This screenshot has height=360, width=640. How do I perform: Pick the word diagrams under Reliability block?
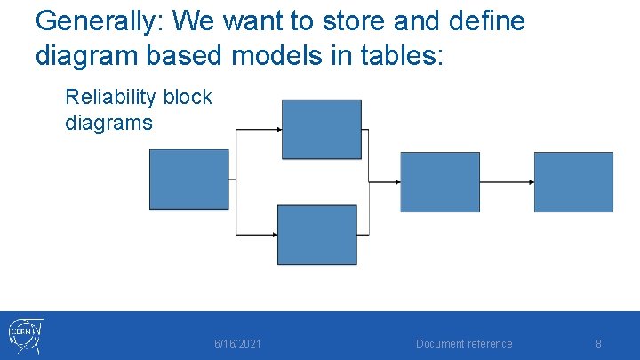[x=108, y=123]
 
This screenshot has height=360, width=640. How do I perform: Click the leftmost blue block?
[x=188, y=180]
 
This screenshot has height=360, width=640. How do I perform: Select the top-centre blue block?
[x=321, y=129]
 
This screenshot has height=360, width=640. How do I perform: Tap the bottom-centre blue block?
[x=317, y=235]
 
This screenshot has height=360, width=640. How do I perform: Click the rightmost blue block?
[x=573, y=182]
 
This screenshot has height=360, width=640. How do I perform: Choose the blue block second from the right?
[x=440, y=182]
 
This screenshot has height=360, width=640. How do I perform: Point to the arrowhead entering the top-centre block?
[x=277, y=130]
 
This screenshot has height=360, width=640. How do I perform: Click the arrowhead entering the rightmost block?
[x=531, y=182]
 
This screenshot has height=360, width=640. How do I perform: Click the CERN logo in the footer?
[x=25, y=336]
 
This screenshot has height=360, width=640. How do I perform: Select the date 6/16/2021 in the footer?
[x=238, y=344]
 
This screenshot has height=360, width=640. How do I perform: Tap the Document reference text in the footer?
[x=464, y=344]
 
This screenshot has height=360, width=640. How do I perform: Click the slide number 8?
[x=598, y=344]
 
